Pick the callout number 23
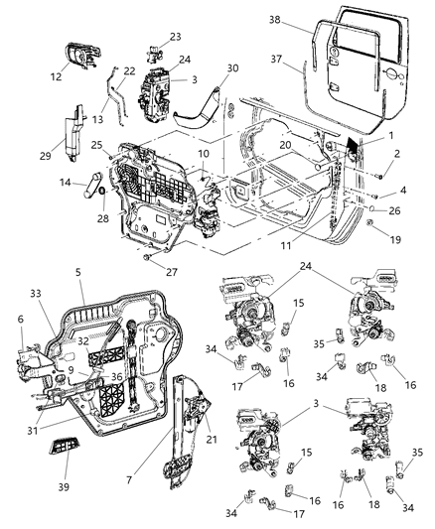pos(176,36)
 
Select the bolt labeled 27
pos(146,257)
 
